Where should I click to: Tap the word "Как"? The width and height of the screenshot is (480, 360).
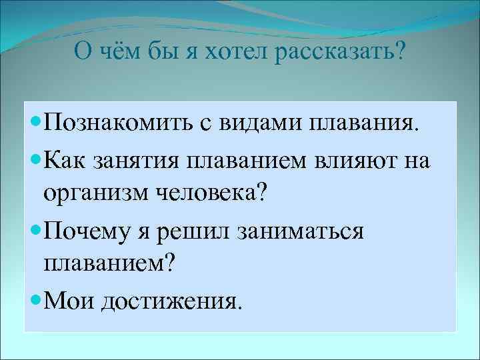coord(67,159)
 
